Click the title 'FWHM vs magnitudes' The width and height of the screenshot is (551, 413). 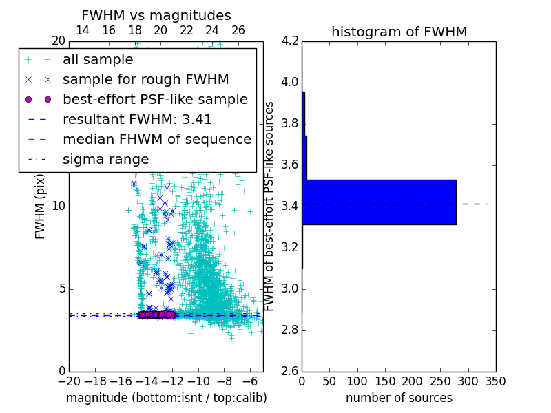(156, 15)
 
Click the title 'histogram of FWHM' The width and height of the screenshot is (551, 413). (399, 32)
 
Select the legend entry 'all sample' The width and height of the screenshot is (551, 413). (98, 60)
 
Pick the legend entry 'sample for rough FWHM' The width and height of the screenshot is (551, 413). (145, 80)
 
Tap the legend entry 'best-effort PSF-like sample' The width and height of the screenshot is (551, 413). (155, 100)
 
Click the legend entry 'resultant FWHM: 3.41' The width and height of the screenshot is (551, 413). (137, 120)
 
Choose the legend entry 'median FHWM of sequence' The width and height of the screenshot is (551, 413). (157, 140)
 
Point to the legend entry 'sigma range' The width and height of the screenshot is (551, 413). (105, 160)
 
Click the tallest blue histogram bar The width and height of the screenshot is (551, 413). (379, 202)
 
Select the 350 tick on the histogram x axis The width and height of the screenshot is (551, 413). (496, 381)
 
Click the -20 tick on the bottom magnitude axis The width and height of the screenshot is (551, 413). (69, 381)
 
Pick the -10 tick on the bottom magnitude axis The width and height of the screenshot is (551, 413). (198, 381)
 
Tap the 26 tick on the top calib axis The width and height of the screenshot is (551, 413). (238, 31)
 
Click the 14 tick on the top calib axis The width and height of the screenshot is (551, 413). (83, 31)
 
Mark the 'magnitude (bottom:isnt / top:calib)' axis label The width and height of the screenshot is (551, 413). (166, 398)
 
